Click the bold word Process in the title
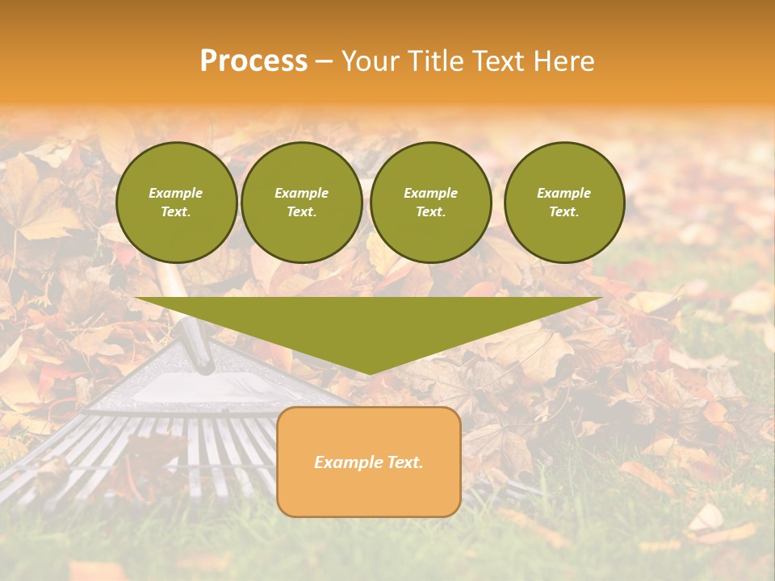tap(253, 61)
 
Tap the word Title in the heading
tap(437, 61)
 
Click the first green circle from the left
tap(176, 202)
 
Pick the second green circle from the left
tap(301, 202)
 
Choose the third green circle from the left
tap(430, 202)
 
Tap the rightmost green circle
tap(563, 202)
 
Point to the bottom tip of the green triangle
tap(369, 374)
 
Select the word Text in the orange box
tap(404, 462)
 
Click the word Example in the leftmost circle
tap(176, 193)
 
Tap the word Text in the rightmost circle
tap(563, 211)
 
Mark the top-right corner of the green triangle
tap(601, 299)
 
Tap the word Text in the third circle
tap(430, 211)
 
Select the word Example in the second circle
tap(301, 193)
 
